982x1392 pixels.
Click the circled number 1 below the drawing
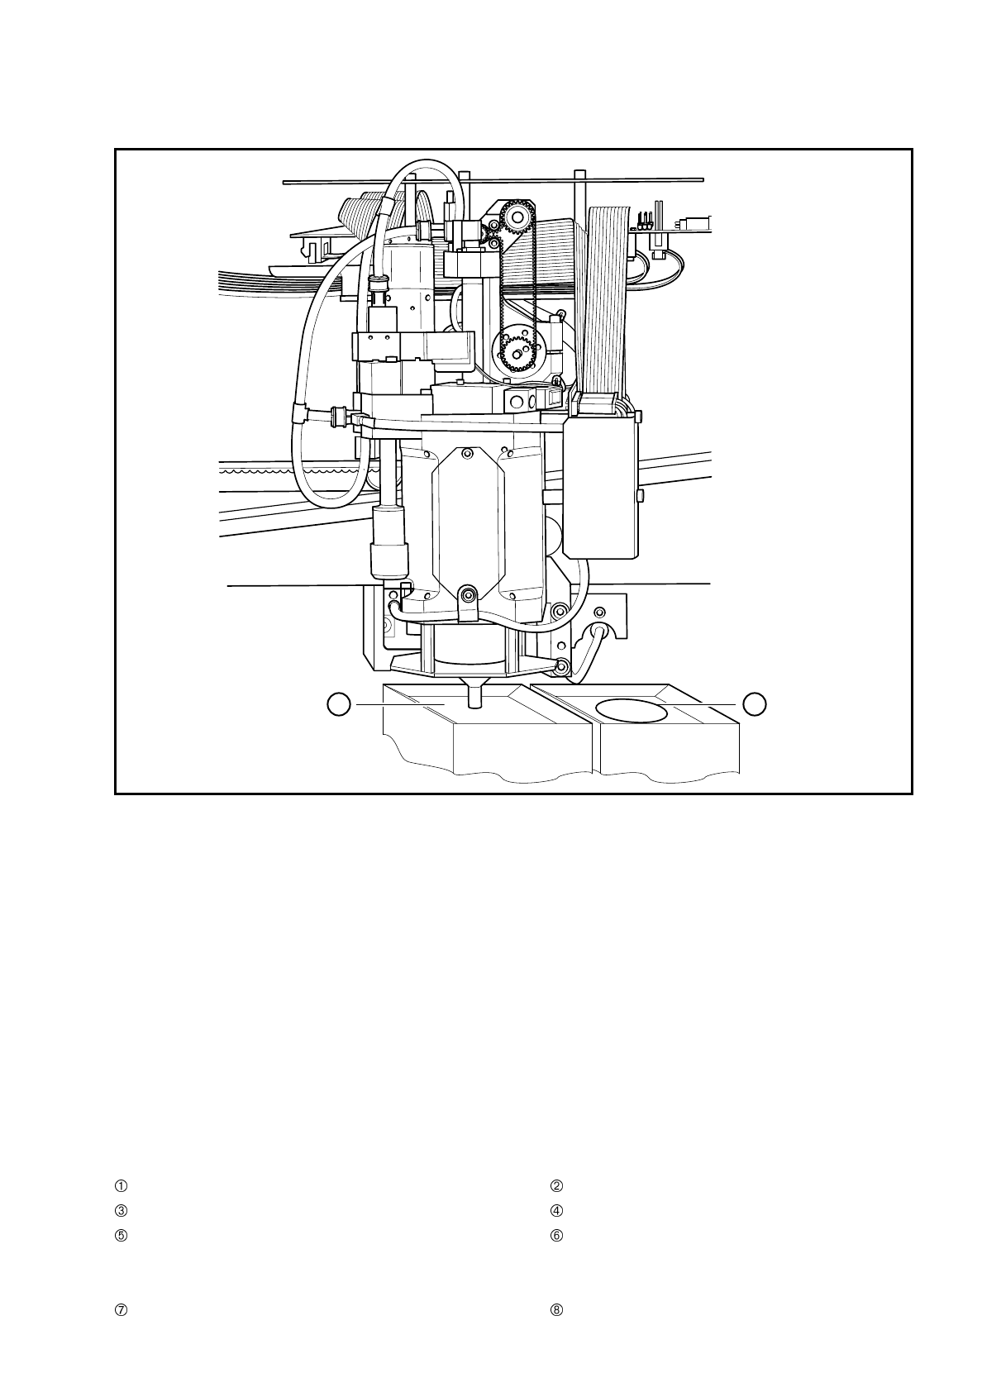pos(121,1185)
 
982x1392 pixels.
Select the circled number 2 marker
pos(556,1185)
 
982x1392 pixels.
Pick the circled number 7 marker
pos(121,1310)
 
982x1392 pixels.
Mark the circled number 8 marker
pos(556,1310)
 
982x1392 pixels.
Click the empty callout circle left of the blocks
pos(338,704)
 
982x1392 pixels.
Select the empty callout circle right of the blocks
pos(754,704)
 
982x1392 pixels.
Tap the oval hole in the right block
pos(632,709)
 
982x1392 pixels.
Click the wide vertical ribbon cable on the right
pos(607,298)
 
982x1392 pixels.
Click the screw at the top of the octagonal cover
pos(469,452)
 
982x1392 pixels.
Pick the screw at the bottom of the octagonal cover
pos(469,595)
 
